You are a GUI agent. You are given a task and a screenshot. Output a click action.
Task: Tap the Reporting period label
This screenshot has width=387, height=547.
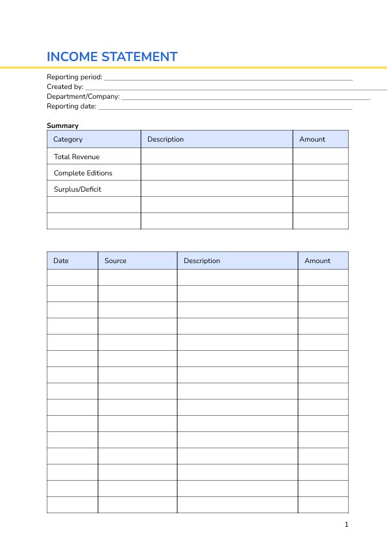point(75,77)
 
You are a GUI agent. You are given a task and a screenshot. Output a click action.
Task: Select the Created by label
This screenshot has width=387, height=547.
point(65,86)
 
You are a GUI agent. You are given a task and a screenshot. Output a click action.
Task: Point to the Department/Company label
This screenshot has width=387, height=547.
point(83,96)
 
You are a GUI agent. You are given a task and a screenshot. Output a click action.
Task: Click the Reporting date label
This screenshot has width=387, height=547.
point(71,106)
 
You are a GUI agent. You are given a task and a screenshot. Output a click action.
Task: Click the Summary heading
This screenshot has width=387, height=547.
point(62,125)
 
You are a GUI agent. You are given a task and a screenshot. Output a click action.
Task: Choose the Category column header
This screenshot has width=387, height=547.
point(68,139)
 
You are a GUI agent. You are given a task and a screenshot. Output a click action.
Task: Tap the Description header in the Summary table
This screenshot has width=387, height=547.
point(166,139)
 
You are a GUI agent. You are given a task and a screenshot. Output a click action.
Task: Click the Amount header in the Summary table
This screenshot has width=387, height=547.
point(312,139)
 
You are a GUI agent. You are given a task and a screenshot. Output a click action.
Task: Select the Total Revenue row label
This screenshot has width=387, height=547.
point(77,157)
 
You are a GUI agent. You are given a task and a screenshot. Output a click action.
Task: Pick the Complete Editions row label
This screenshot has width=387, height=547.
point(83,173)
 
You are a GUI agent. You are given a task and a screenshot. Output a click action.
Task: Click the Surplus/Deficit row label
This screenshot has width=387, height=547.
point(77,189)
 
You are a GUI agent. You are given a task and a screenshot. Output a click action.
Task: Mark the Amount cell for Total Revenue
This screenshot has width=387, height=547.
point(320,157)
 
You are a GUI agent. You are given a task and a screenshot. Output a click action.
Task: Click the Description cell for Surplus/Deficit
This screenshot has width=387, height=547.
point(216,189)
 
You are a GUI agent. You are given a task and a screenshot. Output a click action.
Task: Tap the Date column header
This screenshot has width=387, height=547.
point(61,261)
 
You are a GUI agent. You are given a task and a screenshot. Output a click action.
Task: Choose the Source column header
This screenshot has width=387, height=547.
point(116,261)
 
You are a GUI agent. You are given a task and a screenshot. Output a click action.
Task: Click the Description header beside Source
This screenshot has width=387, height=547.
point(202,261)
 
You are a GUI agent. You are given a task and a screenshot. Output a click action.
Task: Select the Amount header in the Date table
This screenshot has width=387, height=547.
point(318,261)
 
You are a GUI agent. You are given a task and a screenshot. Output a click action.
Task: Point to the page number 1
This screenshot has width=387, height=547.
point(347,524)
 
